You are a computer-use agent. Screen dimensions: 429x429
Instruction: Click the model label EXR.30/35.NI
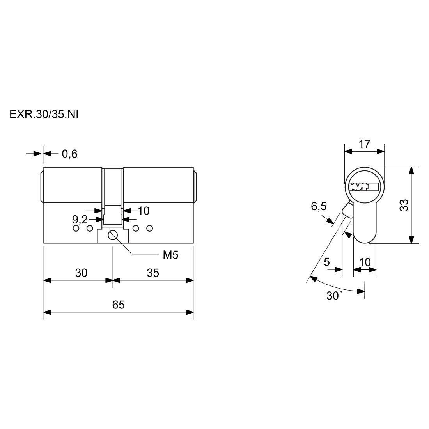(x=44, y=115)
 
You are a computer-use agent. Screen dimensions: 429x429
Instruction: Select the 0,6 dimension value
(x=69, y=154)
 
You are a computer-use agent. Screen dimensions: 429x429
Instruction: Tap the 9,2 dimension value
(x=80, y=219)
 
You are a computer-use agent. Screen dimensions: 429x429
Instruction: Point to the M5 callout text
(x=170, y=255)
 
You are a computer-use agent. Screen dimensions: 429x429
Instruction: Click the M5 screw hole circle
(x=113, y=235)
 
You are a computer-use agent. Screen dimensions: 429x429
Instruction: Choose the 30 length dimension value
(x=81, y=273)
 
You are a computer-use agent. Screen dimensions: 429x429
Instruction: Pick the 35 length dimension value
(x=152, y=273)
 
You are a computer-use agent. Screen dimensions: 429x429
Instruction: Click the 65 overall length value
(x=119, y=305)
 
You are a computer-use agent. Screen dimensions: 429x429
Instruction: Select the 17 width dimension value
(x=364, y=144)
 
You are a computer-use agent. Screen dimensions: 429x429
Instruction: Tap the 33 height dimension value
(x=404, y=205)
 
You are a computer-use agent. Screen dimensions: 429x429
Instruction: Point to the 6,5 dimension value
(x=319, y=206)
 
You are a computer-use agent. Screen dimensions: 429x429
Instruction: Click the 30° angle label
(x=334, y=296)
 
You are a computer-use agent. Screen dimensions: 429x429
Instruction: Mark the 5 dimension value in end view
(x=327, y=262)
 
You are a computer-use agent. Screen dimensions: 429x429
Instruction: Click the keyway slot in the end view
(x=364, y=187)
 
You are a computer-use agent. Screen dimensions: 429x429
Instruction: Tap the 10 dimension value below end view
(x=365, y=262)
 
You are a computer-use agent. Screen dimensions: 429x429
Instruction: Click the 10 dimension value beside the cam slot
(x=144, y=211)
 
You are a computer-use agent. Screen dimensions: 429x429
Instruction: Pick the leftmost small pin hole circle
(x=76, y=228)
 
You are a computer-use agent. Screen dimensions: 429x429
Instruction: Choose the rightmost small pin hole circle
(x=149, y=228)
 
